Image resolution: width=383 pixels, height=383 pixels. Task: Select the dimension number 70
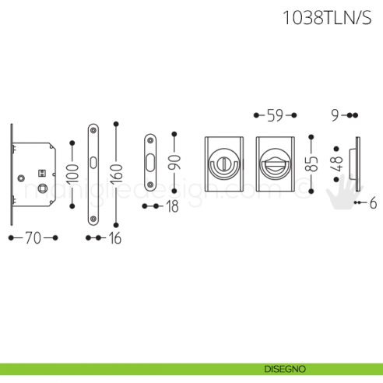click(x=33, y=238)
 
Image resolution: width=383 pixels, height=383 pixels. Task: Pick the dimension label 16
click(x=115, y=238)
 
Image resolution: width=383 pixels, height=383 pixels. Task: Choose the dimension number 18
click(x=172, y=206)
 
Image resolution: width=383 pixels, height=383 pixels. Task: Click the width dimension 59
click(x=275, y=115)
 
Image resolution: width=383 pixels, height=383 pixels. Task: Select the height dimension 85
click(x=312, y=163)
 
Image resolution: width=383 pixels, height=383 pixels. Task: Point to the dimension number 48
click(x=337, y=163)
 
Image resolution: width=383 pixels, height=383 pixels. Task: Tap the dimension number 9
click(x=335, y=115)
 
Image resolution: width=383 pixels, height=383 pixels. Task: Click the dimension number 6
click(x=373, y=203)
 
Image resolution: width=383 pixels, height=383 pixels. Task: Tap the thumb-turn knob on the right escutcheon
click(x=275, y=166)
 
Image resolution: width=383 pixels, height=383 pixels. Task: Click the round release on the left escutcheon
click(x=223, y=166)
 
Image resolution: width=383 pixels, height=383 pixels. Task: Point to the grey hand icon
click(x=339, y=195)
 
